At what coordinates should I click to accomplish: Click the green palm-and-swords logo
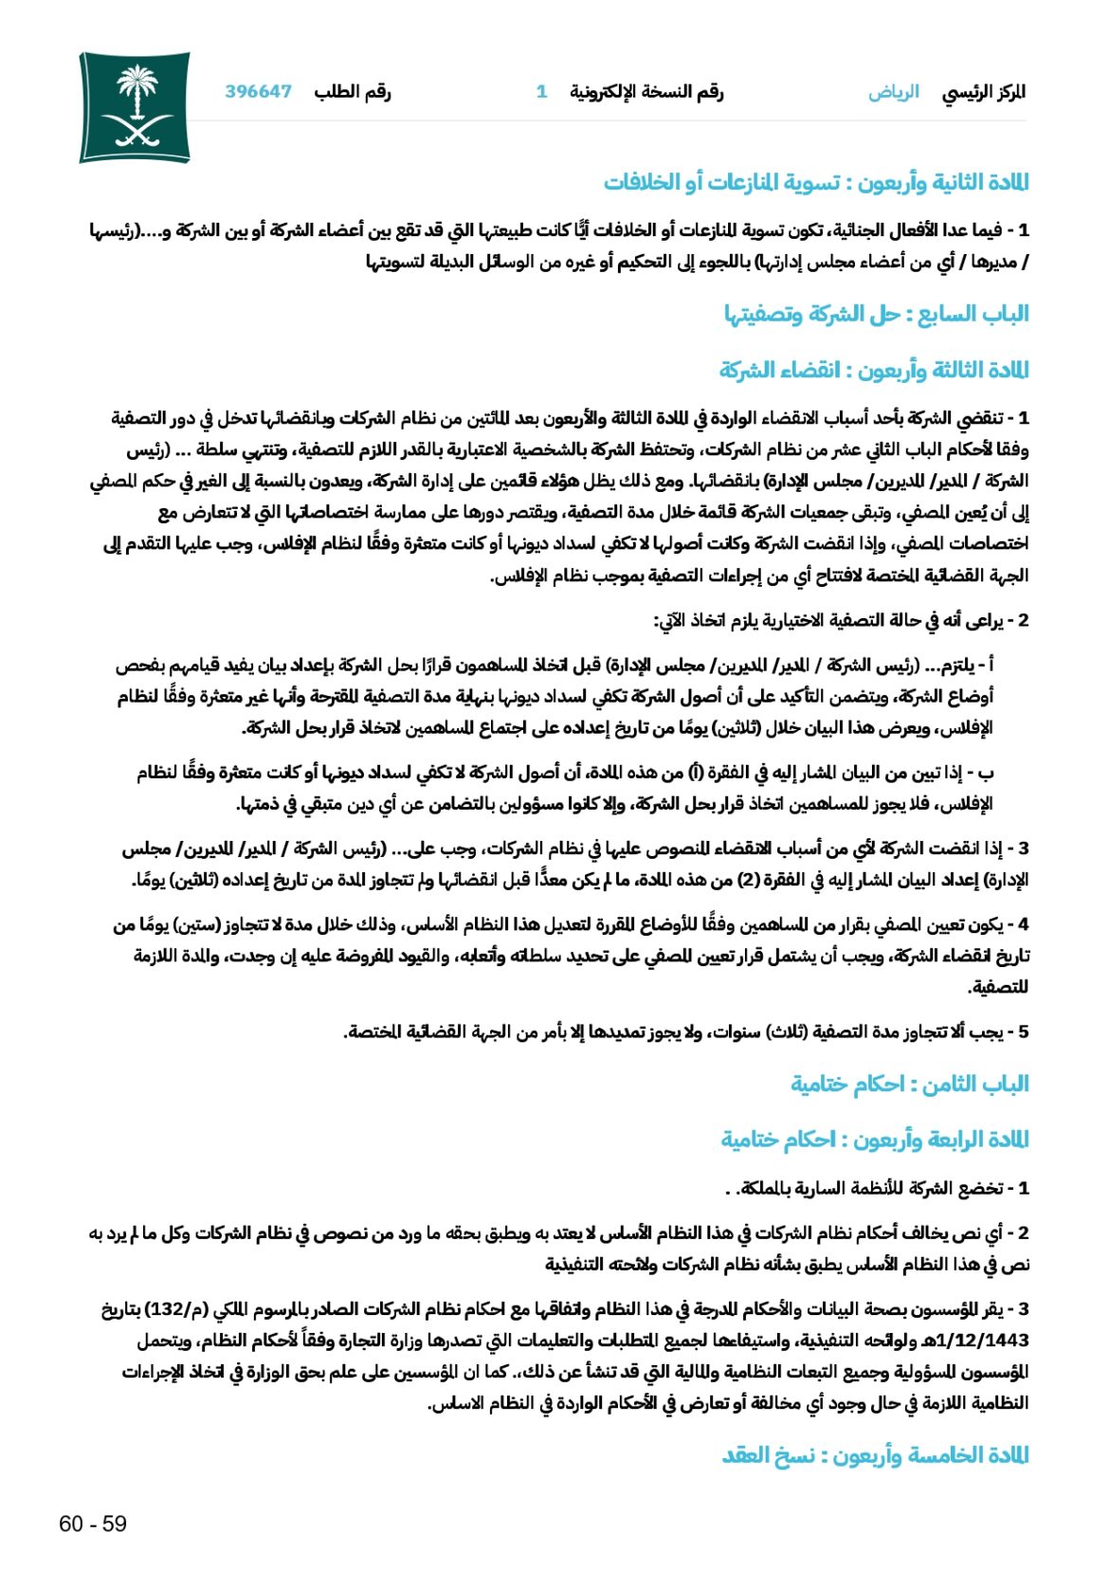(135, 107)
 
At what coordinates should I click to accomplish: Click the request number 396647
(258, 92)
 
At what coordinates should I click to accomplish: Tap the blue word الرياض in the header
(893, 92)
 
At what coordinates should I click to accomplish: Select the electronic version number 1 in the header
(541, 92)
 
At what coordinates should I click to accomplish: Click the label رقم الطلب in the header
(353, 92)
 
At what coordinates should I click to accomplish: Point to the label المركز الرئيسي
(984, 92)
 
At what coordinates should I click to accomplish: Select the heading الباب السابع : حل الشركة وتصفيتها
(876, 314)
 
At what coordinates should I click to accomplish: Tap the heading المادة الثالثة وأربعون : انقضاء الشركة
(873, 370)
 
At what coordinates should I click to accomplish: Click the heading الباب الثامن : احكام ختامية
(909, 1084)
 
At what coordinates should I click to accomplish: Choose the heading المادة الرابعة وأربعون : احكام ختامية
(874, 1139)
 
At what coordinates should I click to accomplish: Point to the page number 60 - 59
(93, 1524)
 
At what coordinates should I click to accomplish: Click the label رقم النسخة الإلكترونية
(646, 92)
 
